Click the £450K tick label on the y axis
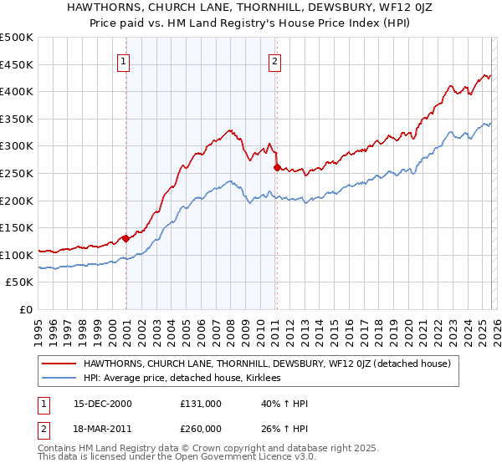click(x=17, y=64)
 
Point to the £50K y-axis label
click(x=19, y=282)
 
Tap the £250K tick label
click(x=17, y=173)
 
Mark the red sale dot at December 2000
click(x=125, y=238)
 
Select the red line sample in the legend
click(x=59, y=364)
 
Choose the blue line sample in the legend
click(x=59, y=378)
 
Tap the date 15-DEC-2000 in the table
click(x=103, y=404)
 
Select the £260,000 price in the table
click(x=201, y=430)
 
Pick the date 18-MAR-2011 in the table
click(x=103, y=430)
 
